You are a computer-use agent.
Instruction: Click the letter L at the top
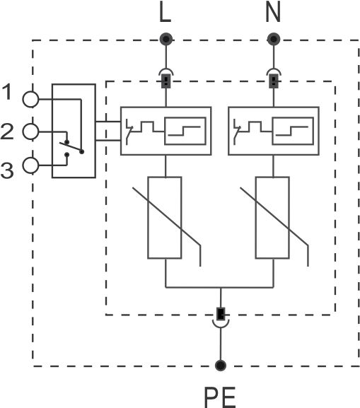[165, 11]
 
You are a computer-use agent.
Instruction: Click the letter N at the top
[273, 11]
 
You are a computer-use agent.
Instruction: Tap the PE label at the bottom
[220, 397]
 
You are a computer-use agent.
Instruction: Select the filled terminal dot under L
[166, 40]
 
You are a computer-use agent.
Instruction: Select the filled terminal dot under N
[274, 40]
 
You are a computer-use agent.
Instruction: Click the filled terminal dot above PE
[221, 366]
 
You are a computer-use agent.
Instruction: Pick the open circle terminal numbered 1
[30, 99]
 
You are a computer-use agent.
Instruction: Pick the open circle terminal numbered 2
[30, 132]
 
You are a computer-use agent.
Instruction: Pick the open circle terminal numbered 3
[30, 165]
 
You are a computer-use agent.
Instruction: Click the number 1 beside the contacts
[7, 92]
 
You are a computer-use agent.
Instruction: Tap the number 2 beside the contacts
[7, 132]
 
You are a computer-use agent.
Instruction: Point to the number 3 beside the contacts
[7, 170]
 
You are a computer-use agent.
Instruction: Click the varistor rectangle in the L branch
[165, 218]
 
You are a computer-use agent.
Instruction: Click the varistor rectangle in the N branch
[272, 218]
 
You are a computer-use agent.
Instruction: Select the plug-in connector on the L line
[166, 78]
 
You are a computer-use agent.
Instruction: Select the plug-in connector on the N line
[274, 78]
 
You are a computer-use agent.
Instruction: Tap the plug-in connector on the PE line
[221, 317]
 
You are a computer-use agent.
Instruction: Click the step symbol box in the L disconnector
[185, 131]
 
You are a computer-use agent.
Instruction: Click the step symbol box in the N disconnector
[293, 131]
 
